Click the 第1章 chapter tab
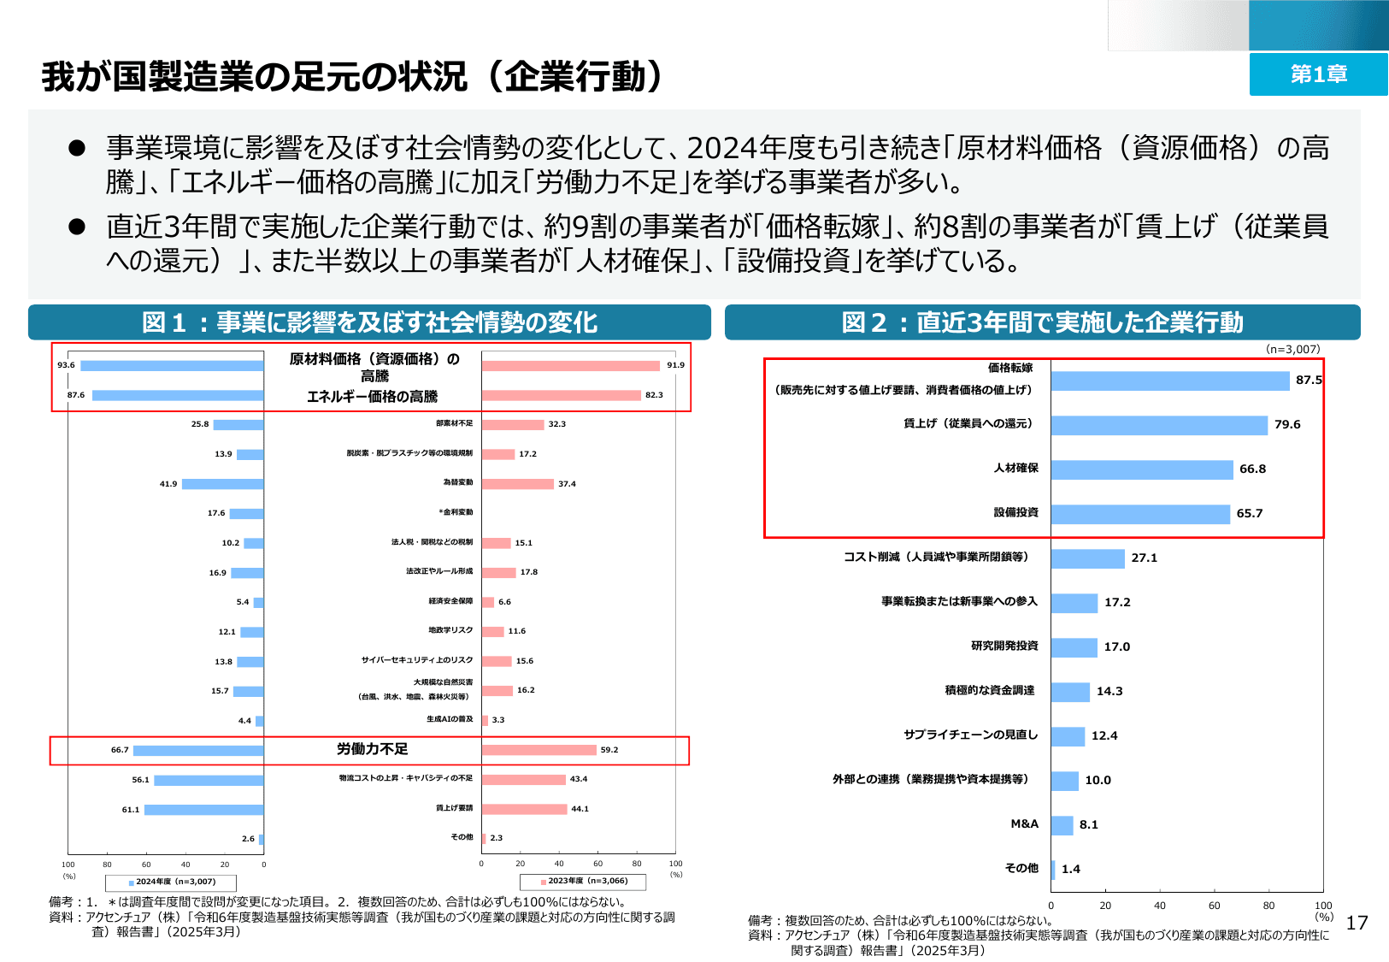(x=1318, y=74)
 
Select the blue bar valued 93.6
(x=172, y=365)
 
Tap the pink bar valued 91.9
(x=570, y=365)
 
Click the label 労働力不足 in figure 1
(x=372, y=749)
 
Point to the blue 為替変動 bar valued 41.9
(x=222, y=484)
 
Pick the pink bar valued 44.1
(x=524, y=809)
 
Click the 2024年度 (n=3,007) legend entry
(x=171, y=882)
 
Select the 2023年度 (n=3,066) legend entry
(x=584, y=881)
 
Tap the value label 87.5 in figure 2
(x=1308, y=380)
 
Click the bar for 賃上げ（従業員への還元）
(x=1159, y=425)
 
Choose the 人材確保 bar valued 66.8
(x=1142, y=469)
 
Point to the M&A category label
(x=1024, y=824)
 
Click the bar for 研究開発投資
(x=1074, y=647)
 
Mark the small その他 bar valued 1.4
(x=1053, y=870)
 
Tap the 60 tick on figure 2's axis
(x=1214, y=906)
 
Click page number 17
(x=1357, y=923)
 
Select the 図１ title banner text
(x=369, y=322)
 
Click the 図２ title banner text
(x=1042, y=322)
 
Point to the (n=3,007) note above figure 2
(x=1292, y=349)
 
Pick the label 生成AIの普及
(x=450, y=719)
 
